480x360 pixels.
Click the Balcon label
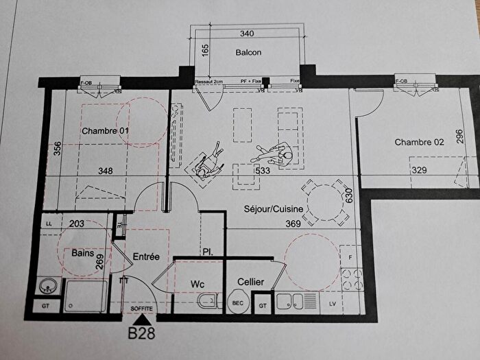(248, 53)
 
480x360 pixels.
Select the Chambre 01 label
(106, 130)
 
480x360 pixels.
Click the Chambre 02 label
(420, 143)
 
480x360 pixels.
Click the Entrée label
(146, 256)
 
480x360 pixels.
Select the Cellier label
(251, 283)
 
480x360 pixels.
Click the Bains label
(83, 252)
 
